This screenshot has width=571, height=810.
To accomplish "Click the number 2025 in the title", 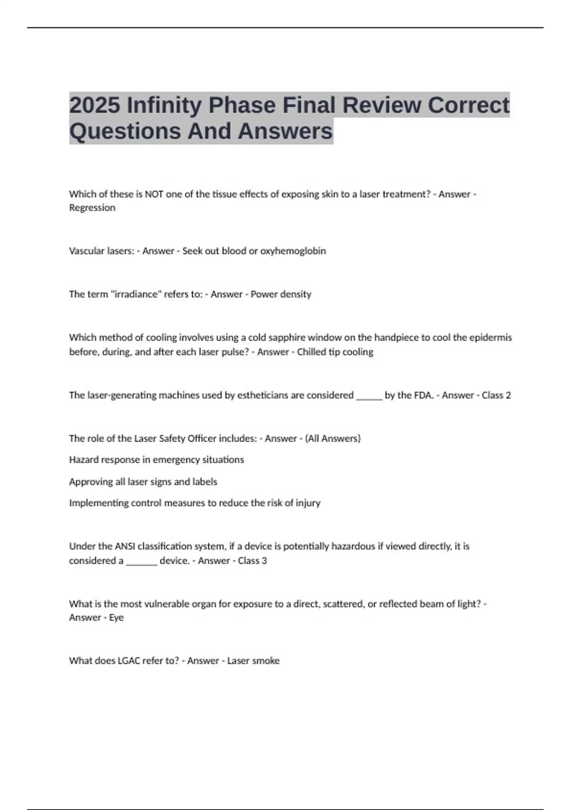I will coord(95,105).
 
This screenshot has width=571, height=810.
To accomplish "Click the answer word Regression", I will coord(92,208).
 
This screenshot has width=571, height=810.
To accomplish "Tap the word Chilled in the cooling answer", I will coord(312,352).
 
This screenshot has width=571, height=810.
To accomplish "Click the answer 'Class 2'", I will coord(496,395).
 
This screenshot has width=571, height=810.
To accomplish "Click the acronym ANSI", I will coord(125,546).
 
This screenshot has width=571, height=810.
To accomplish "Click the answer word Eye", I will coord(116,618).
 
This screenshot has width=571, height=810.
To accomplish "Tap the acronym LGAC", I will coord(130,661).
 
